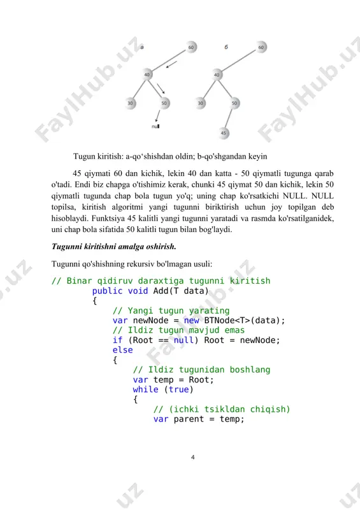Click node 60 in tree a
191,47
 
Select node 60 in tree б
261,47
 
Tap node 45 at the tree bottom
224,133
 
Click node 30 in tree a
131,103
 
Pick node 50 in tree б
234,103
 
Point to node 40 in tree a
147,75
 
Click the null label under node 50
155,126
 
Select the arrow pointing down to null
158,116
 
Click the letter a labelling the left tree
142,47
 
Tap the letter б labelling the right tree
226,47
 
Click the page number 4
193,457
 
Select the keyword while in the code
145,390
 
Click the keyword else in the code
122,350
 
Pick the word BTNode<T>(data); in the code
245,321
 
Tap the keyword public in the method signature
107,291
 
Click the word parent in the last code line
189,419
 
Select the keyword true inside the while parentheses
178,390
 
